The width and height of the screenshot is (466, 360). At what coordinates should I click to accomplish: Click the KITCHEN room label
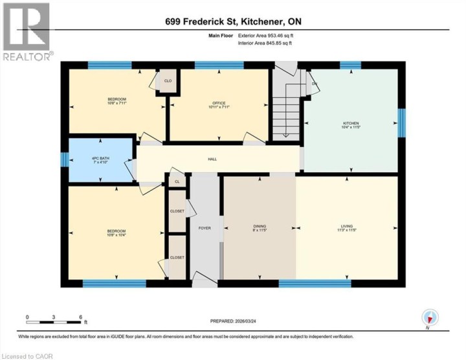pyautogui.click(x=350, y=124)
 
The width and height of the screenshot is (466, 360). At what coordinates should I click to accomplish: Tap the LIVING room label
pyautogui.click(x=347, y=227)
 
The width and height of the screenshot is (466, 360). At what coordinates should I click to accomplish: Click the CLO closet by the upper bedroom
pyautogui.click(x=167, y=81)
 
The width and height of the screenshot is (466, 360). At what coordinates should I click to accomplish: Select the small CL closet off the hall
pyautogui.click(x=177, y=182)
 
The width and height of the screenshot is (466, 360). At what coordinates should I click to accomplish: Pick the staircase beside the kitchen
pyautogui.click(x=286, y=110)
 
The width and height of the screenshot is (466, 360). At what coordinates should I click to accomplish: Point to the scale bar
pyautogui.click(x=54, y=321)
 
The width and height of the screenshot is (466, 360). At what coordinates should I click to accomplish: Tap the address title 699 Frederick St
pyautogui.click(x=233, y=22)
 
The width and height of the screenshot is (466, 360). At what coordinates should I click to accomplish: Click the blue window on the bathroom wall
pyautogui.click(x=64, y=159)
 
